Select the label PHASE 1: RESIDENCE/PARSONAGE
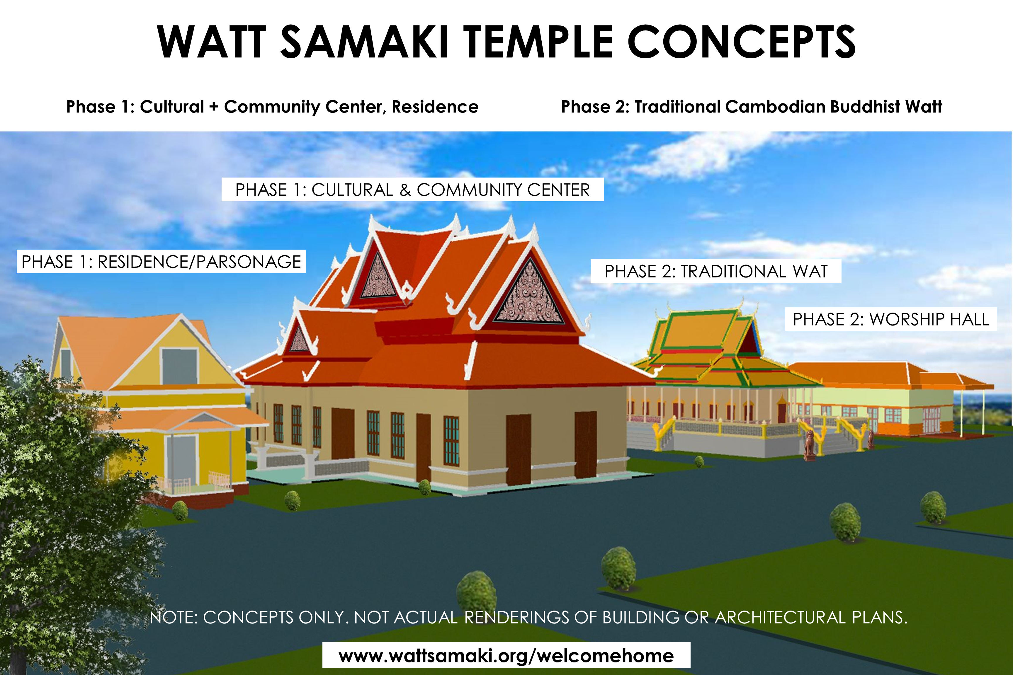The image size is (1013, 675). coord(161,261)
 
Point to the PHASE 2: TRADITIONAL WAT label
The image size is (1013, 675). coord(716,271)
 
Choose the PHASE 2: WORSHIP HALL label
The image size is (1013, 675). coord(891,319)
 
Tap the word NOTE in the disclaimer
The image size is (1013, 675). coord(173,617)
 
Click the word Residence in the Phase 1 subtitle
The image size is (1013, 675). coord(435,107)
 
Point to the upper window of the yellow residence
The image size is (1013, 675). coord(180,366)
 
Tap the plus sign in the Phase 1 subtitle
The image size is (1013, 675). coord(214,107)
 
